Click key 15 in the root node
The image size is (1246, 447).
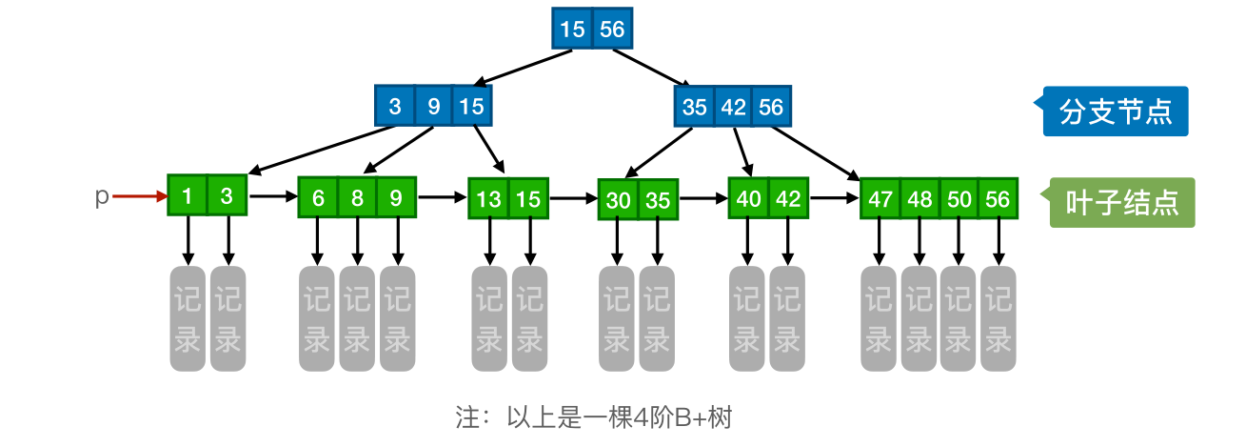[572, 30]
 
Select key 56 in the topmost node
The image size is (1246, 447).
[612, 30]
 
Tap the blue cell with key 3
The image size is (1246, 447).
[395, 107]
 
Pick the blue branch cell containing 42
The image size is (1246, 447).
[733, 107]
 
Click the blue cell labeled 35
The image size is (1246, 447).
[694, 107]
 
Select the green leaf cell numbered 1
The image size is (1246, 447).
[188, 196]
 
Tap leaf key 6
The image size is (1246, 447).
[318, 198]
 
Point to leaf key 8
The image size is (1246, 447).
[357, 198]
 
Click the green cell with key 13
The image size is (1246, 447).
[488, 199]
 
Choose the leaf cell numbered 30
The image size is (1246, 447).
[618, 200]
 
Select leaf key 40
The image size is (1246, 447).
[748, 198]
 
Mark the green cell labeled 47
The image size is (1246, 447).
[880, 198]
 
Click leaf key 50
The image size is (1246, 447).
[958, 198]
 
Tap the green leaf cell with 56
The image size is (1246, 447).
[998, 198]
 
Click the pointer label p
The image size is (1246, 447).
[101, 196]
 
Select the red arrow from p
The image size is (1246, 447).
[138, 197]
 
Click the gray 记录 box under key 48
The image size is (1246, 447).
[919, 318]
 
